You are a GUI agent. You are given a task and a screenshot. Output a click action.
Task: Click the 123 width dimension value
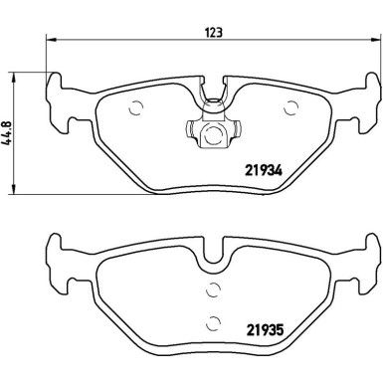[213, 31]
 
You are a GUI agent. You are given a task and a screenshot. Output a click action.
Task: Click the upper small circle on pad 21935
[212, 290]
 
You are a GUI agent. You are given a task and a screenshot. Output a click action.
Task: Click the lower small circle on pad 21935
[212, 320]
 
